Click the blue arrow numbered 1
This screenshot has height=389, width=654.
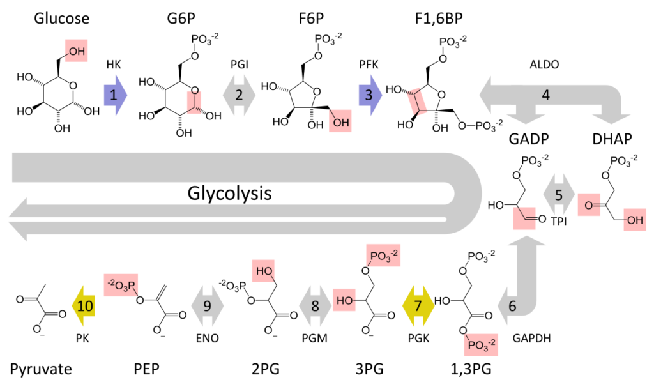(x=115, y=95)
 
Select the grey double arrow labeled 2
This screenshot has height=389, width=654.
(x=239, y=95)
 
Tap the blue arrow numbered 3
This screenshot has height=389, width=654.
(x=370, y=95)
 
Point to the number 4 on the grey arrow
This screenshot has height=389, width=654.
(x=545, y=95)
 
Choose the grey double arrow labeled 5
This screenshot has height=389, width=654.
(x=559, y=195)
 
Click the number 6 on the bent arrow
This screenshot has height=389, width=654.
(x=512, y=306)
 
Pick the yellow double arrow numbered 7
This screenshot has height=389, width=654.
(x=418, y=306)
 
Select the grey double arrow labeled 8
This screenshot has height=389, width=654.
(x=314, y=306)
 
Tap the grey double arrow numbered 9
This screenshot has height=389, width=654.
(x=207, y=306)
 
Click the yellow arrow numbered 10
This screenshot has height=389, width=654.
(x=84, y=306)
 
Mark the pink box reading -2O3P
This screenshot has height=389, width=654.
(x=121, y=286)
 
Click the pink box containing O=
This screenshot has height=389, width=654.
(x=589, y=205)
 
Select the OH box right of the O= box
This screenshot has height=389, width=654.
(x=635, y=220)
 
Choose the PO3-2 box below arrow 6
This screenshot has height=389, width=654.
(x=481, y=345)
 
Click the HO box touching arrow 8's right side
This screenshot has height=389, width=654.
(x=344, y=300)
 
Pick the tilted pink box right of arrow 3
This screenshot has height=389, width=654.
(x=417, y=102)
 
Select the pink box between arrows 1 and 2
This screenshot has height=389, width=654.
(x=194, y=102)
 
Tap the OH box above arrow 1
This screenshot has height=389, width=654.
(x=76, y=51)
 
